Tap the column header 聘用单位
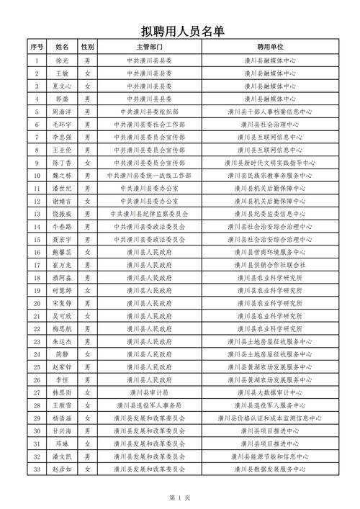[x=273, y=47]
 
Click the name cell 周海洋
[x=62, y=112]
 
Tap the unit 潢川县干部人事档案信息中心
[x=273, y=112]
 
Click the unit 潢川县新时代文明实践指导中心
[x=273, y=163]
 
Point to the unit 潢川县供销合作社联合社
[x=273, y=264]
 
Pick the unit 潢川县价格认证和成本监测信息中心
[x=273, y=418]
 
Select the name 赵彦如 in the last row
[x=62, y=469]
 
